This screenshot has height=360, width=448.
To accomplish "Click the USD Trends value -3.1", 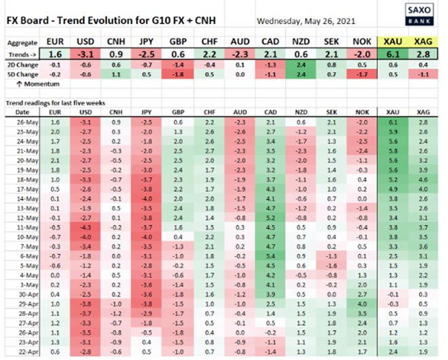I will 86,53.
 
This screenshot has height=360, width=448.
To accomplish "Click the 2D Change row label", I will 22,65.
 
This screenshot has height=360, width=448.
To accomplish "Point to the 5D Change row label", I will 22,75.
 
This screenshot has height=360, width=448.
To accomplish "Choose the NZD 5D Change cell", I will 299,75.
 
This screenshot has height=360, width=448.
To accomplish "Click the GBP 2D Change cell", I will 178,65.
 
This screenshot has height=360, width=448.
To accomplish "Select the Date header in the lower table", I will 22,111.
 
